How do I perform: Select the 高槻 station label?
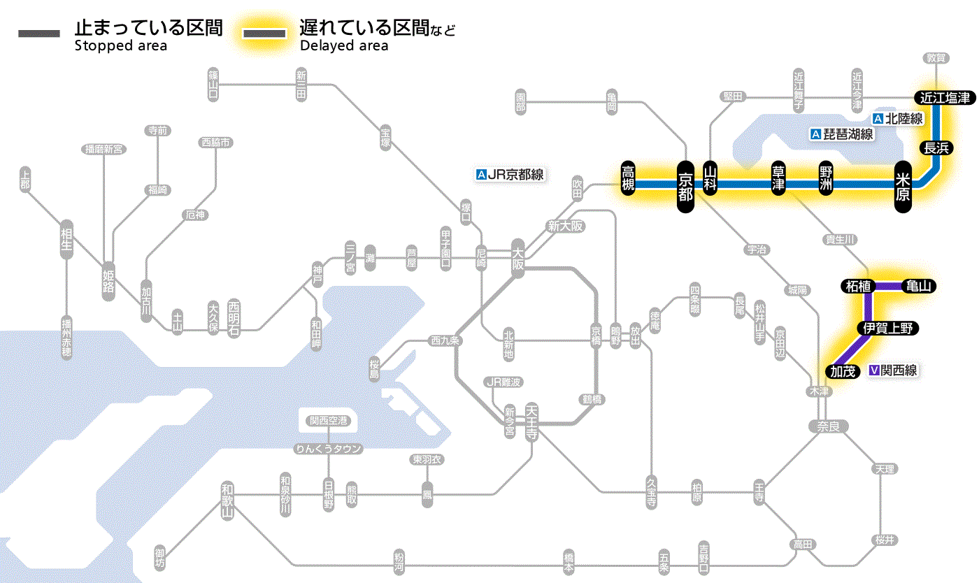(629, 178)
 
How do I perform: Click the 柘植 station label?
(857, 286)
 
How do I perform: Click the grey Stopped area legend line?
(39, 34)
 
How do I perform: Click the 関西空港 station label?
(329, 421)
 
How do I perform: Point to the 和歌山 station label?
(227, 501)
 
